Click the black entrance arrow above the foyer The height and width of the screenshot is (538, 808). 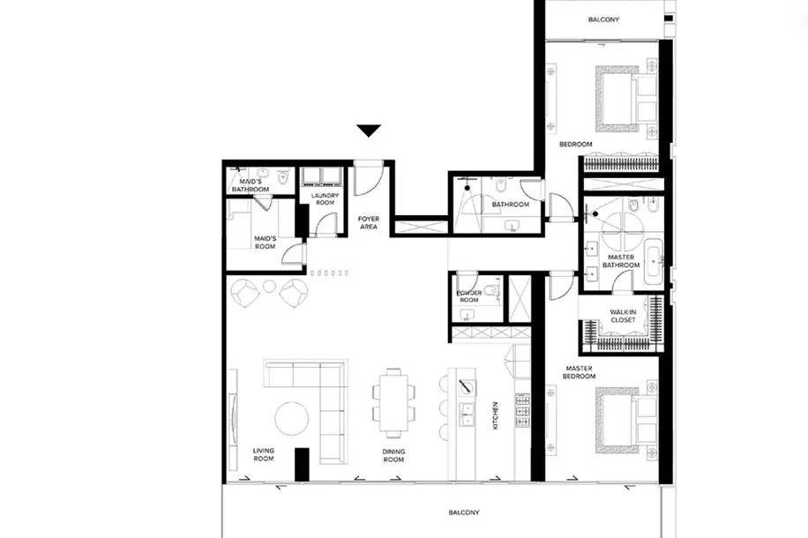click(x=369, y=131)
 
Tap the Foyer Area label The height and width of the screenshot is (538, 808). click(x=369, y=222)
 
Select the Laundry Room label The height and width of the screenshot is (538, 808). click(x=325, y=199)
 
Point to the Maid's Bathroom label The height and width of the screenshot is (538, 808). click(x=251, y=185)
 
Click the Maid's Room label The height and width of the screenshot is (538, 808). click(x=265, y=243)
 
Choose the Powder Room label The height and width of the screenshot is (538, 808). click(x=469, y=296)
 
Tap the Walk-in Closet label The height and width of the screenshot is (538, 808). click(x=623, y=316)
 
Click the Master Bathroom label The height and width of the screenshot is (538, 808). click(x=621, y=261)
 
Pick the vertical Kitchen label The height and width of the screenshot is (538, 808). click(x=496, y=415)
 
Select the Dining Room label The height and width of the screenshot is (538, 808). click(x=393, y=455)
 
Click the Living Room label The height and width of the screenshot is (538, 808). click(x=264, y=454)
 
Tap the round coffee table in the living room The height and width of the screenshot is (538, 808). click(x=292, y=418)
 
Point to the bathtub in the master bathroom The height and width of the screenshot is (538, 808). click(x=654, y=264)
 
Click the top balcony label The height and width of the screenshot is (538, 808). click(x=604, y=19)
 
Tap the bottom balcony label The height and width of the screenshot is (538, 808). click(x=464, y=512)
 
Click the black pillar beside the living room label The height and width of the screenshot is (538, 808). click(x=302, y=465)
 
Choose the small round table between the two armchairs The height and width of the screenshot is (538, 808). click(x=270, y=287)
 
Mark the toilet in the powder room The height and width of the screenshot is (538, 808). click(x=495, y=291)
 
